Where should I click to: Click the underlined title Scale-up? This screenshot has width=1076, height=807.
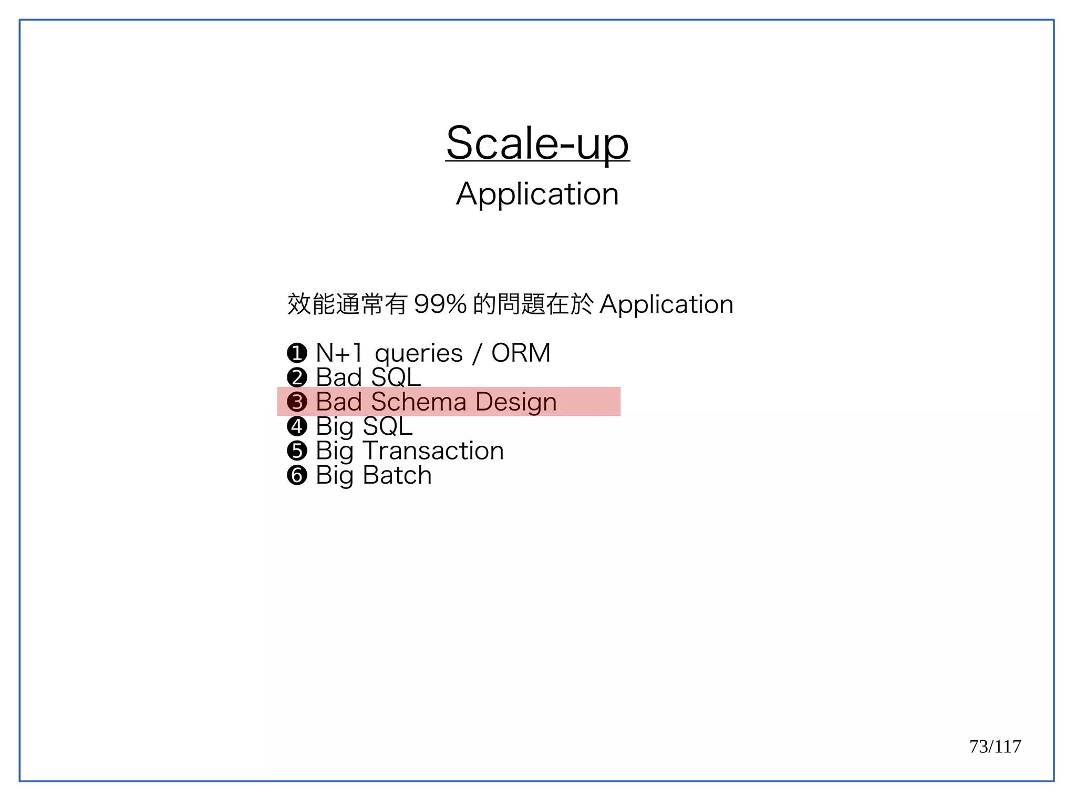pyautogui.click(x=537, y=144)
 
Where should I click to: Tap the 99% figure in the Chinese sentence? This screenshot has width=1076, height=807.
pyautogui.click(x=440, y=304)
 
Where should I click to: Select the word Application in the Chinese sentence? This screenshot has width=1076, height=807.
pyautogui.click(x=666, y=304)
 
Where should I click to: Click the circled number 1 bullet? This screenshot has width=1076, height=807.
pyautogui.click(x=297, y=353)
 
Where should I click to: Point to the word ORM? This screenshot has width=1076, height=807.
pyautogui.click(x=521, y=353)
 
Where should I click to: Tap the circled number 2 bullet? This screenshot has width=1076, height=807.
pyautogui.click(x=297, y=377)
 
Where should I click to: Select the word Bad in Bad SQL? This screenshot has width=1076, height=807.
pyautogui.click(x=339, y=377)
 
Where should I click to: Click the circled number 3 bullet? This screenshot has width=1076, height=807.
pyautogui.click(x=297, y=402)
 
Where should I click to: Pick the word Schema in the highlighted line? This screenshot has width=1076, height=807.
pyautogui.click(x=419, y=402)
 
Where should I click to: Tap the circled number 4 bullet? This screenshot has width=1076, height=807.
pyautogui.click(x=297, y=426)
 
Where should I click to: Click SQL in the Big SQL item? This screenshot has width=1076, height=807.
pyautogui.click(x=388, y=426)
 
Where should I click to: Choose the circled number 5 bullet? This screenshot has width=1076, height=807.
pyautogui.click(x=297, y=451)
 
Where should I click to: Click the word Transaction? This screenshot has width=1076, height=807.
pyautogui.click(x=433, y=451)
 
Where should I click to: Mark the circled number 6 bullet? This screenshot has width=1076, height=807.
pyautogui.click(x=297, y=475)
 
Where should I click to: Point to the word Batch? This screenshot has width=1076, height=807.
pyautogui.click(x=397, y=475)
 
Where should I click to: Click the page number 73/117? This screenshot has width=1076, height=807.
pyautogui.click(x=995, y=747)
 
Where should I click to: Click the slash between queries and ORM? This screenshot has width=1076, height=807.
pyautogui.click(x=477, y=353)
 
